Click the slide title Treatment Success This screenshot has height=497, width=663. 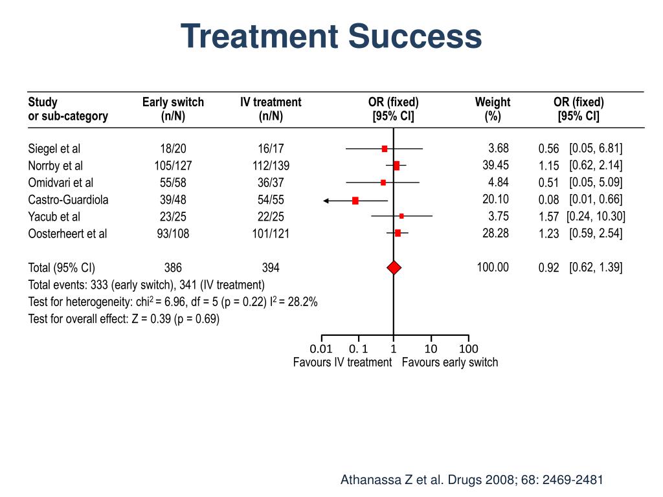click(331, 36)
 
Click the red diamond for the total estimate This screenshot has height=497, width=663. click(394, 267)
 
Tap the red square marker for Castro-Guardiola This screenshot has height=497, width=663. click(355, 201)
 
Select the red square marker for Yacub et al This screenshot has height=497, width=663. click(401, 216)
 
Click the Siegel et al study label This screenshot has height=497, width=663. click(54, 149)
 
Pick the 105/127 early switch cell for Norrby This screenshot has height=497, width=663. click(173, 166)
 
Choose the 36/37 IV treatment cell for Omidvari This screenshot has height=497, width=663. click(271, 182)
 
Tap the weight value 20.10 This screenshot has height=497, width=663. click(495, 199)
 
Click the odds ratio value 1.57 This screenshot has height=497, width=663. click(548, 217)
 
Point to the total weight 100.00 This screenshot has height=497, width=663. click(493, 267)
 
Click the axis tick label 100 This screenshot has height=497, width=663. click(468, 349)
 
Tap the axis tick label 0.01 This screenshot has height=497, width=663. click(321, 349)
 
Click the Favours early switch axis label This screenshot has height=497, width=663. click(450, 362)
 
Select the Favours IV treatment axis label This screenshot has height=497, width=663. click(343, 362)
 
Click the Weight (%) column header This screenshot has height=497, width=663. click(493, 109)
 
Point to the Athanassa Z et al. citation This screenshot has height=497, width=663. click(472, 480)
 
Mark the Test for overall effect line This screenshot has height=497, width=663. click(124, 319)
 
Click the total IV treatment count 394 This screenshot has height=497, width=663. click(271, 267)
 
